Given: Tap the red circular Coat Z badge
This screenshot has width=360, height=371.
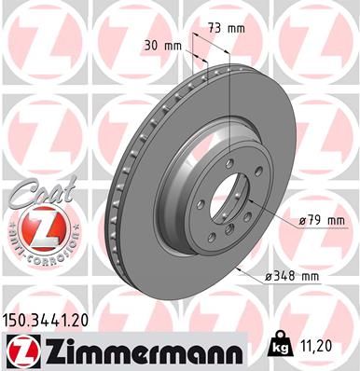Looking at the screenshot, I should coord(35,227).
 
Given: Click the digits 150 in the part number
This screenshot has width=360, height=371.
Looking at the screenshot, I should coord(19,319).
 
